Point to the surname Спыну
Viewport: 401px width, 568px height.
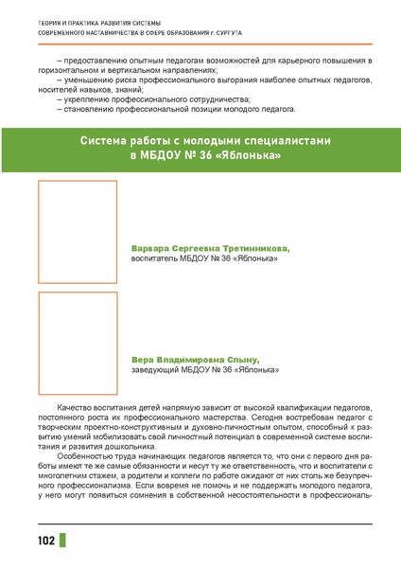pos(241,359)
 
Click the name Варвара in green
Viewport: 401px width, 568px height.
pos(151,247)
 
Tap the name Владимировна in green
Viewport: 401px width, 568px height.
pos(193,359)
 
